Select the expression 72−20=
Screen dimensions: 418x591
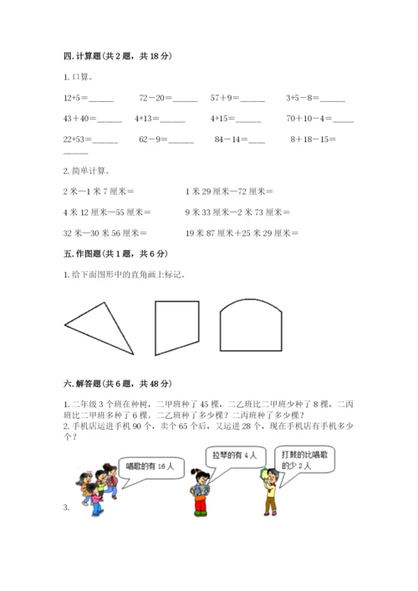155,98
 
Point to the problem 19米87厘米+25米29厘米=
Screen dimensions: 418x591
242,233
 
